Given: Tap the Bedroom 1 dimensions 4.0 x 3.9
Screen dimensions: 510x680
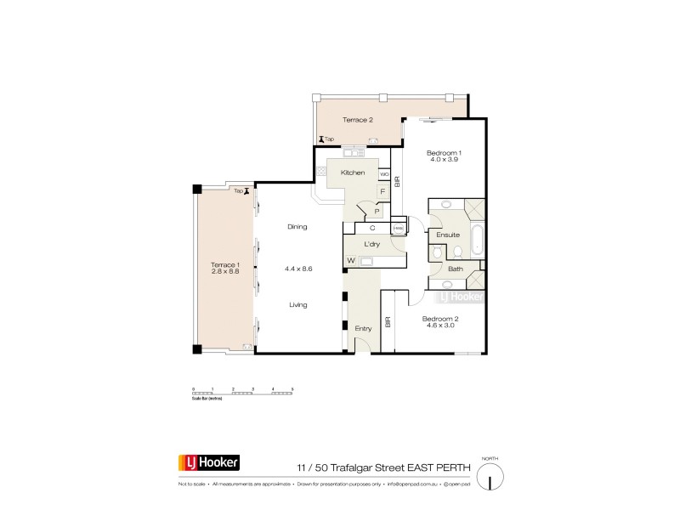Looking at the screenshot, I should coord(443,160).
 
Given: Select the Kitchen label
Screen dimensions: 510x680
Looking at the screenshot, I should coord(353,173).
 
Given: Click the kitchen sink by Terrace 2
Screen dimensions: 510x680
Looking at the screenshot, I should coord(354,153).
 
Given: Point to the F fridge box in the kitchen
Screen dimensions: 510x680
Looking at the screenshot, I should coord(383,192).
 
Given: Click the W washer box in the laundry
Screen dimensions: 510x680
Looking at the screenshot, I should coord(350,260).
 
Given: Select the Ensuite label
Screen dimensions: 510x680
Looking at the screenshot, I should coord(448,235).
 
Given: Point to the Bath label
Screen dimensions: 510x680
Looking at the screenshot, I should coord(455,269).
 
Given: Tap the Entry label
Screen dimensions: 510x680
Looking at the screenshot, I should coord(362,328).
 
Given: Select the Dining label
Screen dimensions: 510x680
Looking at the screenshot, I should coord(297,227).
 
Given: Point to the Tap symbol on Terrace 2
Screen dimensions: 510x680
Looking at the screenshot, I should coord(322,139).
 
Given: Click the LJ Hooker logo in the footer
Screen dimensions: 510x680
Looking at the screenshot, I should coord(208,462).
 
